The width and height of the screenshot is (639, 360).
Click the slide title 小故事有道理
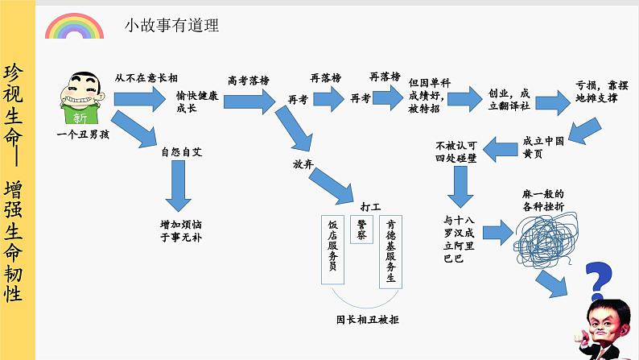click(x=171, y=26)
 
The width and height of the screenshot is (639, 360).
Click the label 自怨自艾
click(x=178, y=151)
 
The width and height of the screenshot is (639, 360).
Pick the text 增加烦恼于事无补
click(x=178, y=231)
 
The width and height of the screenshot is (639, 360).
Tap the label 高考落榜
click(x=248, y=81)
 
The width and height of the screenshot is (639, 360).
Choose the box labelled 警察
click(x=361, y=230)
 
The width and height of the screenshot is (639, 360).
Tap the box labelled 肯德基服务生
click(x=390, y=250)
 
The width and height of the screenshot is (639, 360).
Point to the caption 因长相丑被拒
click(x=368, y=319)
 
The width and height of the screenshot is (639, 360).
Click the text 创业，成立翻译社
click(x=509, y=100)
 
